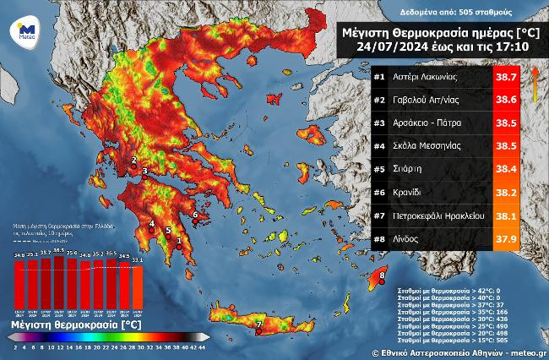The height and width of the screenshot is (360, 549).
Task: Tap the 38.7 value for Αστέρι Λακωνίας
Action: click(x=506, y=77)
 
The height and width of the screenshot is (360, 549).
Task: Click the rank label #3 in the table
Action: click(x=379, y=123)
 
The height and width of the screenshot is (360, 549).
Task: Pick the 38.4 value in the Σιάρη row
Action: click(x=506, y=169)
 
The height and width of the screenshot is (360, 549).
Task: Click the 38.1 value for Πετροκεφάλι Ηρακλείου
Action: click(x=506, y=215)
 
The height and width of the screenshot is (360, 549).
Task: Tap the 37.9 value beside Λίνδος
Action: click(x=506, y=238)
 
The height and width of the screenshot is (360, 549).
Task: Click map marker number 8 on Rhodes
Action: click(x=383, y=275)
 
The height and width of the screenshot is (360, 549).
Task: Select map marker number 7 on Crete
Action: click(x=258, y=324)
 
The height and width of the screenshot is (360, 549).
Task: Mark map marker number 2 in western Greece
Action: click(x=133, y=159)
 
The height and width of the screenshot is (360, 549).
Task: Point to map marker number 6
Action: click(x=195, y=215)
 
